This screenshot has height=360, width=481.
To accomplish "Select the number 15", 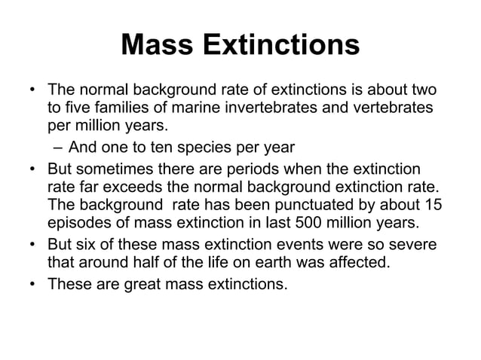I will pos(434,206).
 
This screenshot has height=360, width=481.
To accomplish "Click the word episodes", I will pos(78,225).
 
